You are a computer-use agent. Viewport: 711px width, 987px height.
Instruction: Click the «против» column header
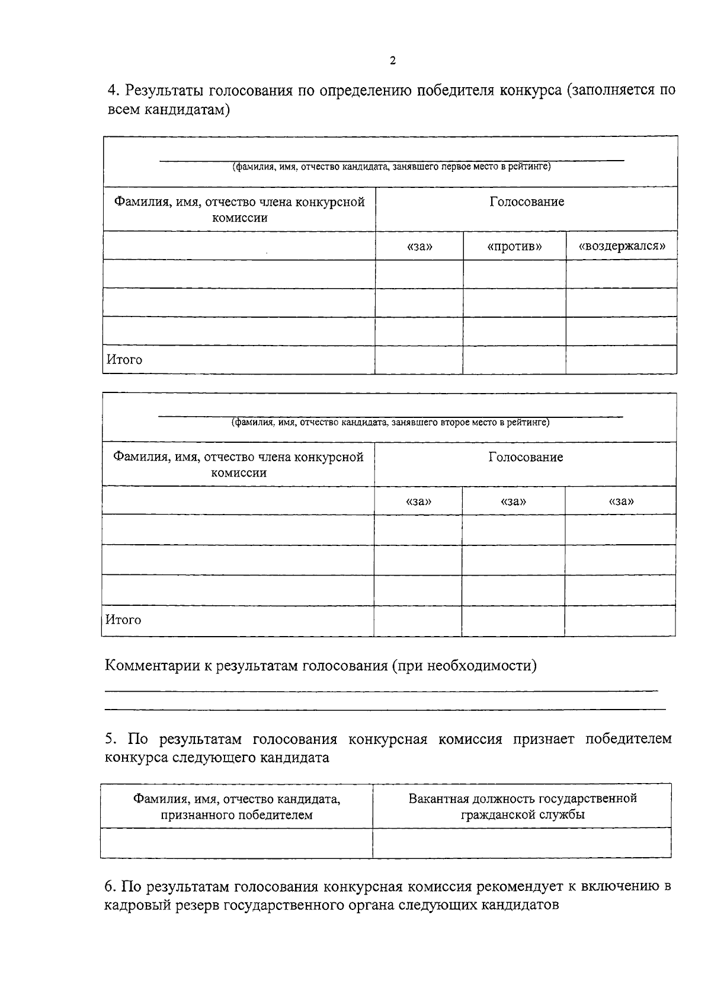pyautogui.click(x=514, y=246)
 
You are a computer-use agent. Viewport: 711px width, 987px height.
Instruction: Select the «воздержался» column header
pyautogui.click(x=621, y=246)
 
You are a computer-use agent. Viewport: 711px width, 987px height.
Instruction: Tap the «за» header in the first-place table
pyautogui.click(x=419, y=246)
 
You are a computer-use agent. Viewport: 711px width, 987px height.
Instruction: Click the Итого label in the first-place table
pyautogui.click(x=124, y=360)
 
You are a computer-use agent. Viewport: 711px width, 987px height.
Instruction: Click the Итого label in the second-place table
pyautogui.click(x=123, y=620)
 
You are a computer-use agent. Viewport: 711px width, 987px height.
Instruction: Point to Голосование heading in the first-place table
pyautogui.click(x=527, y=202)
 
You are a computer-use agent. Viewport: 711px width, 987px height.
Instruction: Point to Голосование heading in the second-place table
pyautogui.click(x=526, y=457)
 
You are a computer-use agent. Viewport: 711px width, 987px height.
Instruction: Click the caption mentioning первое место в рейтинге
pyautogui.click(x=391, y=167)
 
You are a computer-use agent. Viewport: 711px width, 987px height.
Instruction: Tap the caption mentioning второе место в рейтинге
pyautogui.click(x=390, y=423)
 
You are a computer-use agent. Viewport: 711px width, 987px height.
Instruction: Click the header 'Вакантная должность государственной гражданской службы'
pyautogui.click(x=523, y=806)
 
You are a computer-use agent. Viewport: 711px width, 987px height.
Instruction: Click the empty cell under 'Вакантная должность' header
pyautogui.click(x=522, y=843)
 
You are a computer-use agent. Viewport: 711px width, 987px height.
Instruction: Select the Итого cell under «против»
pyautogui.click(x=514, y=360)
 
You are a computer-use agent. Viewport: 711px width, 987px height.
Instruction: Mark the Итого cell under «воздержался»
pyautogui.click(x=621, y=360)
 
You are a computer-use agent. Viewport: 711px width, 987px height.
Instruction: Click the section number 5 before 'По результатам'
pyautogui.click(x=109, y=739)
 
